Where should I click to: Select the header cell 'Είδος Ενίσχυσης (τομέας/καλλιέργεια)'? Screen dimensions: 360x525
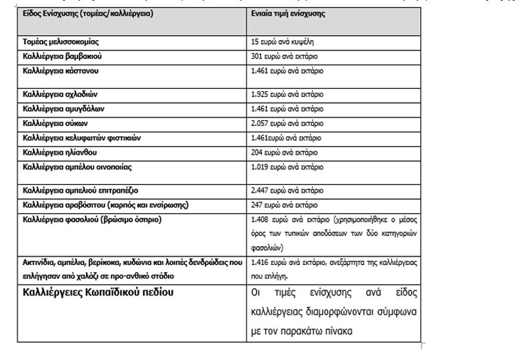tap(89, 12)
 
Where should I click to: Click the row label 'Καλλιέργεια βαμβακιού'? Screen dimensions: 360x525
tap(62, 55)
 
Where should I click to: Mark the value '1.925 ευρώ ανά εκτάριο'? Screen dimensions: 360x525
tap(287, 94)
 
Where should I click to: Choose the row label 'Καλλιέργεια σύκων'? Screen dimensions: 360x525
tap(54, 123)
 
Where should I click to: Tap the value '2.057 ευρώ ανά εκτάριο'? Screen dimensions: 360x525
tap(287, 123)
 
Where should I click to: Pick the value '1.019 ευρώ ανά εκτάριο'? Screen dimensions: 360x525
tap(287, 167)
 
